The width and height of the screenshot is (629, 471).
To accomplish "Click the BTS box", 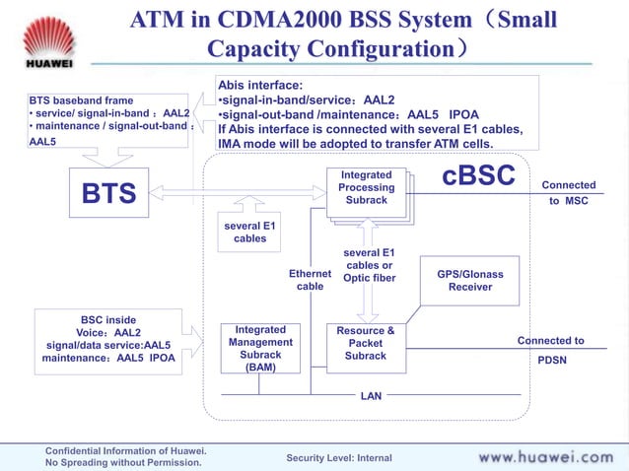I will point(108,193).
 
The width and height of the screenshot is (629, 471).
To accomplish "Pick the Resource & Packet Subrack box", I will point(366,344).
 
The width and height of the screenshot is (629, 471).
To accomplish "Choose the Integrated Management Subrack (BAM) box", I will point(260,348).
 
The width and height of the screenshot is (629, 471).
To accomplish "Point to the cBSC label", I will point(479,175).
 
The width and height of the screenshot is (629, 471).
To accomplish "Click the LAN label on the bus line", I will point(371,395).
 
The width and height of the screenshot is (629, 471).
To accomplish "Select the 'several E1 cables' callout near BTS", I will point(249,233).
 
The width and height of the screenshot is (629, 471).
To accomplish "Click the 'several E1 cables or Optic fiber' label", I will point(369,265).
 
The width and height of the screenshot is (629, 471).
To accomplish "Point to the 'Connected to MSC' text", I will point(568,192).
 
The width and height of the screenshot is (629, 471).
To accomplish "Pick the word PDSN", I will point(551,361).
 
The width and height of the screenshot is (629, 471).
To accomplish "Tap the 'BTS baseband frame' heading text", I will point(81,101).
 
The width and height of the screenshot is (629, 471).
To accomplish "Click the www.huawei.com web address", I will point(545,457).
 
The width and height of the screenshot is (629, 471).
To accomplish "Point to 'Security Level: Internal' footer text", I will point(338,458).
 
